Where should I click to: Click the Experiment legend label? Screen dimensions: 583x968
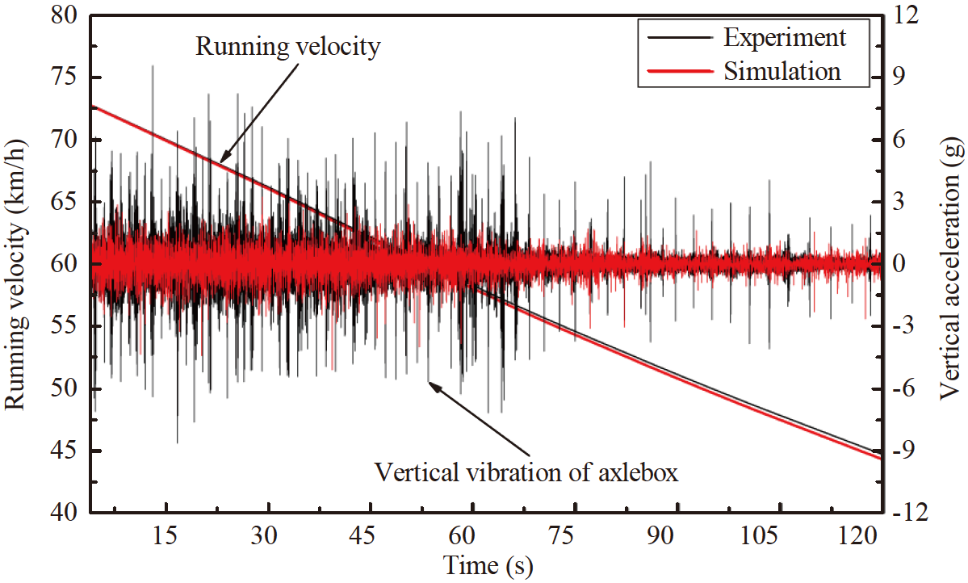(x=784, y=37)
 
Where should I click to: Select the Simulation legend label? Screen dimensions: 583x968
(x=782, y=71)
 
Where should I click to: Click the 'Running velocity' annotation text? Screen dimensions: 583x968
(x=287, y=47)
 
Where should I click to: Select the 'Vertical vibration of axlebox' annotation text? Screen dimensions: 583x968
(x=526, y=471)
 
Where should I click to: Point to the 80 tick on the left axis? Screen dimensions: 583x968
(x=64, y=16)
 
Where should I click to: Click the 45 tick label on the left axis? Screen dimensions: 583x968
(x=64, y=451)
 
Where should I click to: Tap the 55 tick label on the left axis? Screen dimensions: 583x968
(x=64, y=326)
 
